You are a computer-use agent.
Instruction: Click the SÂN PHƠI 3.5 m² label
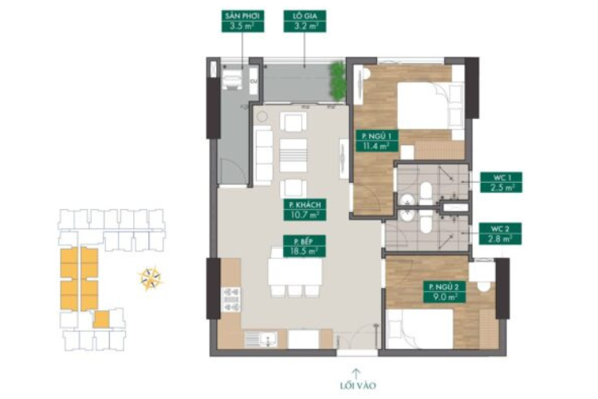[242, 22]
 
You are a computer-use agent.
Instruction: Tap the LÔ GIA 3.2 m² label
[305, 22]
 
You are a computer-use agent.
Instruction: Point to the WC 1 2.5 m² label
[501, 183]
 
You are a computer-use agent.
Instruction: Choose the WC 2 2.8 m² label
[501, 234]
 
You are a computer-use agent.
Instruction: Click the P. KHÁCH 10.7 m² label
[305, 210]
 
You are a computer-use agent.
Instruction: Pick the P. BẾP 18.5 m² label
[305, 246]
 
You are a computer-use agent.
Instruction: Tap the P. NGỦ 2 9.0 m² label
[444, 292]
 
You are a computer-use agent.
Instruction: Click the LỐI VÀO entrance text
[358, 385]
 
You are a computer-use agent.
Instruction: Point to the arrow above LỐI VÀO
[356, 373]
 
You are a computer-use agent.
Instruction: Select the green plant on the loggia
[337, 81]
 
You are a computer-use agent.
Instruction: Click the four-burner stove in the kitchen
[231, 299]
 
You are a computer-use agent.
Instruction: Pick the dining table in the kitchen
[294, 271]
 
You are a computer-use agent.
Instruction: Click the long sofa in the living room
[263, 156]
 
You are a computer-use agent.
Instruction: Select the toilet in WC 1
[427, 193]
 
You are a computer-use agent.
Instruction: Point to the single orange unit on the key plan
[101, 319]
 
